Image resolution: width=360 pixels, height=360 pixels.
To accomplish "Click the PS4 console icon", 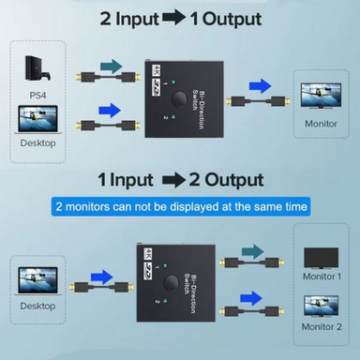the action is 37,68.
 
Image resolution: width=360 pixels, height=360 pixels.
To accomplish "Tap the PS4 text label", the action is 37,95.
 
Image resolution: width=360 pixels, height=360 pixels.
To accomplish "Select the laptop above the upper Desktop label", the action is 37,120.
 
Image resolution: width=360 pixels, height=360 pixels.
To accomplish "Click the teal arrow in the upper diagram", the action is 112,67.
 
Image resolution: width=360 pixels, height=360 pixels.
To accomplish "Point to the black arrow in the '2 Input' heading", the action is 173,19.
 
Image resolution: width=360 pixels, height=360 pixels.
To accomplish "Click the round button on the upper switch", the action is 178,98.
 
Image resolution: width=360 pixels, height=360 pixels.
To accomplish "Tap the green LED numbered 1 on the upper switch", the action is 173,82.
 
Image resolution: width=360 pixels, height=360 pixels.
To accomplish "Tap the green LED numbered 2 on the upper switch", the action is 173,117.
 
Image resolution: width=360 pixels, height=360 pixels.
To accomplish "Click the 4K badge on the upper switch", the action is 156,70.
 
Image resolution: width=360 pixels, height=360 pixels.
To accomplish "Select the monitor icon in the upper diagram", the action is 321,96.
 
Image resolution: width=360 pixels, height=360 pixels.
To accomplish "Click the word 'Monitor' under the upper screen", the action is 321,124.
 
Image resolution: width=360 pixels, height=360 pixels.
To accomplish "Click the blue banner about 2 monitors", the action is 181,206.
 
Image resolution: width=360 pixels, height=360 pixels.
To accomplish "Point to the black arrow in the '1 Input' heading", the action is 173,180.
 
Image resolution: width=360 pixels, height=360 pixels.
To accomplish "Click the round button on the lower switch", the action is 171,282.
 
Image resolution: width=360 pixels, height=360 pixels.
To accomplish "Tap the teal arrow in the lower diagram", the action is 253,252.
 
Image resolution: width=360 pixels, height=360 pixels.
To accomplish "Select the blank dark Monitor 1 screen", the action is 321,259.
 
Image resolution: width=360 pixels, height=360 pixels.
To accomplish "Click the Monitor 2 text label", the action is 322,327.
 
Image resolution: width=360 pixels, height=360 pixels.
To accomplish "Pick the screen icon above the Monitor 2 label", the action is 322,307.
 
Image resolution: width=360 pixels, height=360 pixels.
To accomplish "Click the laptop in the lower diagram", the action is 38,280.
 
